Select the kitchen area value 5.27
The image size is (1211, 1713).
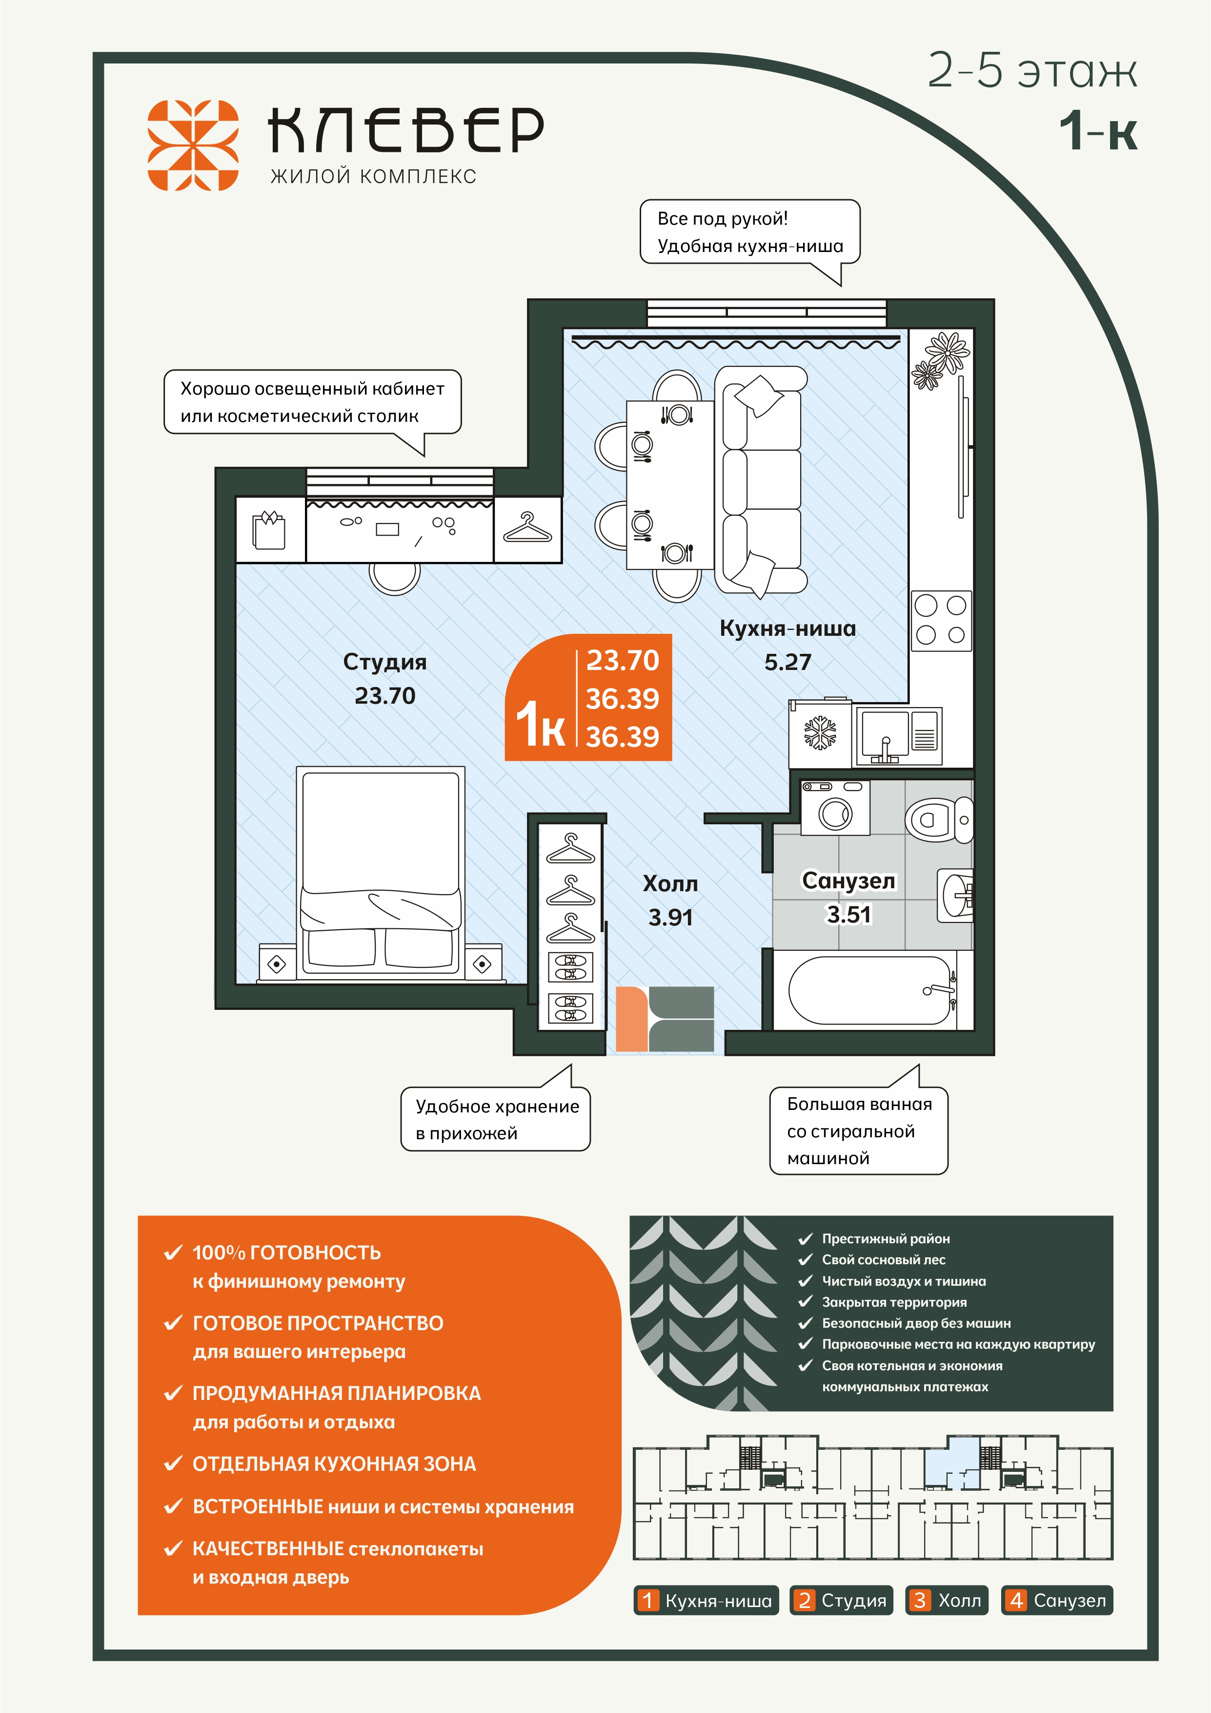[787, 662]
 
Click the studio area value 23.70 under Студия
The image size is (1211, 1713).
[385, 695]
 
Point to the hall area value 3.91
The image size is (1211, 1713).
[670, 917]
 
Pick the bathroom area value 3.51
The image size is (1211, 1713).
[848, 914]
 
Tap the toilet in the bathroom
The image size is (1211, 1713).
[940, 819]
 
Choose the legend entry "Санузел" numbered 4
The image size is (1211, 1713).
[1057, 1600]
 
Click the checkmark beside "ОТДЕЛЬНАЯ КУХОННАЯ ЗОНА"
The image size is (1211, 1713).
[173, 1463]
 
